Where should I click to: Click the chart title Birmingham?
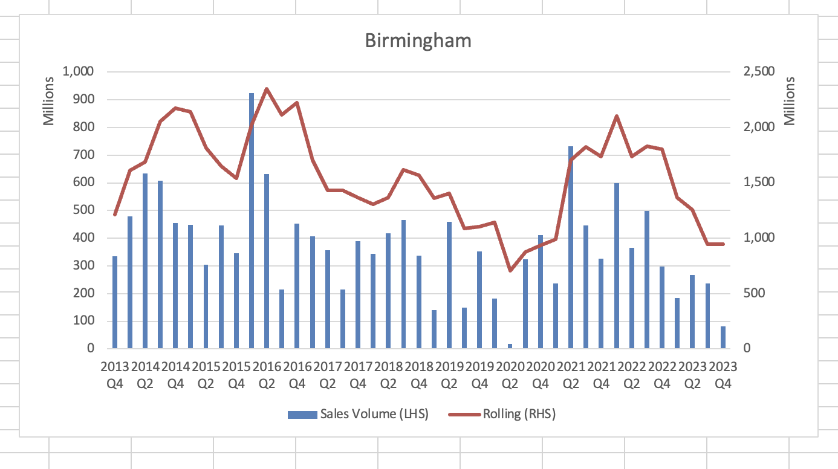(418, 41)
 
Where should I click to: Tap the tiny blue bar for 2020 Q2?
(510, 346)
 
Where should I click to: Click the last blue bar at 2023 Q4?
(723, 337)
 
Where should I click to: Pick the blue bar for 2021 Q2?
(570, 248)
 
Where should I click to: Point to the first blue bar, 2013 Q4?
(115, 302)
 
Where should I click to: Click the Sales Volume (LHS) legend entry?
(357, 414)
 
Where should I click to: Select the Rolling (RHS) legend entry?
(502, 414)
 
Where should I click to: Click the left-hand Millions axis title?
(50, 101)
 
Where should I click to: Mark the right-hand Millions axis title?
(790, 101)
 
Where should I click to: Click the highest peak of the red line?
(267, 89)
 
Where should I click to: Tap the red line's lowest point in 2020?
(510, 270)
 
